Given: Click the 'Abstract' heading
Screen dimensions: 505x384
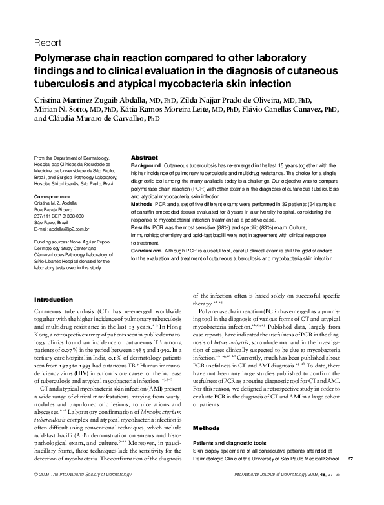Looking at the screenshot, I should point(144,158).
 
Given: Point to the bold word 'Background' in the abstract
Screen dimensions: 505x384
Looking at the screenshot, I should point(146,167).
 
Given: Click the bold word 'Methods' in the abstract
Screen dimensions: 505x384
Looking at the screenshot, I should point(141,204).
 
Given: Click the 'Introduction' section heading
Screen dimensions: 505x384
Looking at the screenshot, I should point(53,300).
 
